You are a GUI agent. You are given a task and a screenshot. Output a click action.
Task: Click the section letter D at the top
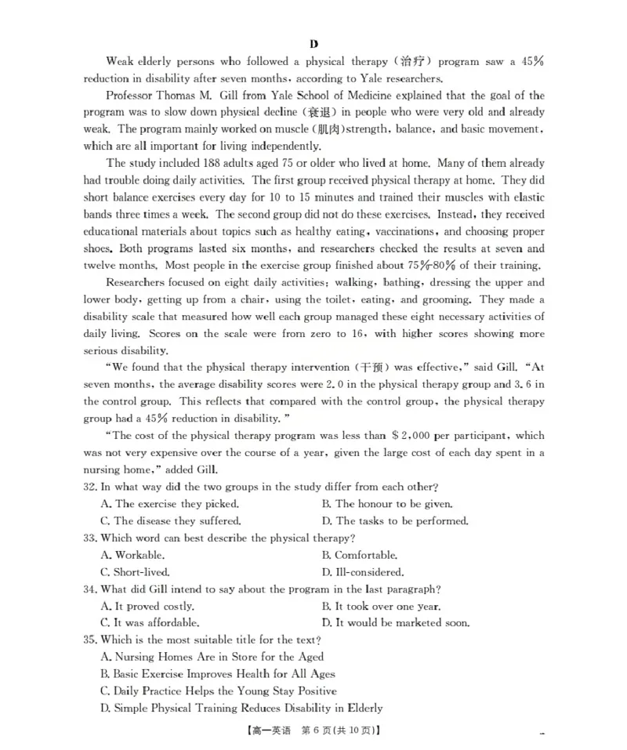(x=313, y=44)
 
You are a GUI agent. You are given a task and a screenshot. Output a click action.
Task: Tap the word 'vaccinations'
(x=405, y=232)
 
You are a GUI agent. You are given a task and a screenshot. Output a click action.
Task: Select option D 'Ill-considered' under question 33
(x=362, y=572)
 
